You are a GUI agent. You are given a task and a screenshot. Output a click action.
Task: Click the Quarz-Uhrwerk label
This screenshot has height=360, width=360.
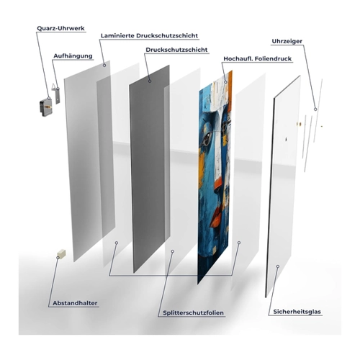(60, 28)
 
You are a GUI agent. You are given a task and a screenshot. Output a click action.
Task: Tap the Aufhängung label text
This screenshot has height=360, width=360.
(73, 56)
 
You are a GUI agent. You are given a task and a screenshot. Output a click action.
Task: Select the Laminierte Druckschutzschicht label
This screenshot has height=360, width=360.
(149, 36)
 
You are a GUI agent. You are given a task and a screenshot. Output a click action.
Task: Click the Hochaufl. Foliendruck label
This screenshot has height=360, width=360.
(258, 59)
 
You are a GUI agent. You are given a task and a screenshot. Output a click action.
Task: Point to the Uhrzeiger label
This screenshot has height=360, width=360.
(287, 41)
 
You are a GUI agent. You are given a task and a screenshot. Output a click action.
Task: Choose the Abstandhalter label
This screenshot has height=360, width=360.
(75, 303)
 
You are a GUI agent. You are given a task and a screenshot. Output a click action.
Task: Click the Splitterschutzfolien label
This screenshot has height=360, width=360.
(193, 312)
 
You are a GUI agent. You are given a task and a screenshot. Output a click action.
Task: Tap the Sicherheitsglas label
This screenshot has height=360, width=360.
(297, 312)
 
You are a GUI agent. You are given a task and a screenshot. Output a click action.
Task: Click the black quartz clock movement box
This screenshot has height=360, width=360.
(45, 108)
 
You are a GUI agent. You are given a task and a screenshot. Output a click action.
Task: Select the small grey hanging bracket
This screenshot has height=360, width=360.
(57, 94)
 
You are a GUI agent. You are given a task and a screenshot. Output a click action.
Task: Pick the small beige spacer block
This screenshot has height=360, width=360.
(61, 253)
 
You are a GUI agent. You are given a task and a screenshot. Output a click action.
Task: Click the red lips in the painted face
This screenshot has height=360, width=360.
(215, 217)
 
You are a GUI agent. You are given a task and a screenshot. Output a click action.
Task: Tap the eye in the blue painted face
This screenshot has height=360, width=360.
(207, 139)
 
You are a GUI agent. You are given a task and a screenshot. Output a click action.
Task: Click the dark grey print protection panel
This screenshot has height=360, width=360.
(150, 168)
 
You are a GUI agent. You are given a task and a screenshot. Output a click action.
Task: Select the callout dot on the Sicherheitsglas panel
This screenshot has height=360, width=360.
(278, 266)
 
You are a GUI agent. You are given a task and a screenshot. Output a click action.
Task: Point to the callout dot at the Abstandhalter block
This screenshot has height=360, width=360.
(58, 258)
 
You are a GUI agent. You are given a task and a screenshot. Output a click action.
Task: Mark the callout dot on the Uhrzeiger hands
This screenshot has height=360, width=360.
(315, 109)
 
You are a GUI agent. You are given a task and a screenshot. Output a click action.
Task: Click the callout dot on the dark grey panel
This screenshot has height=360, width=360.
(150, 81)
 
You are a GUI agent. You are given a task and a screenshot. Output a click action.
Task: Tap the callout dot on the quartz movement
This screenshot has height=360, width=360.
(49, 98)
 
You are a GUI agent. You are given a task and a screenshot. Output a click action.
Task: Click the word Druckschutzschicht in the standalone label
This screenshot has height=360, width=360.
(176, 50)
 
